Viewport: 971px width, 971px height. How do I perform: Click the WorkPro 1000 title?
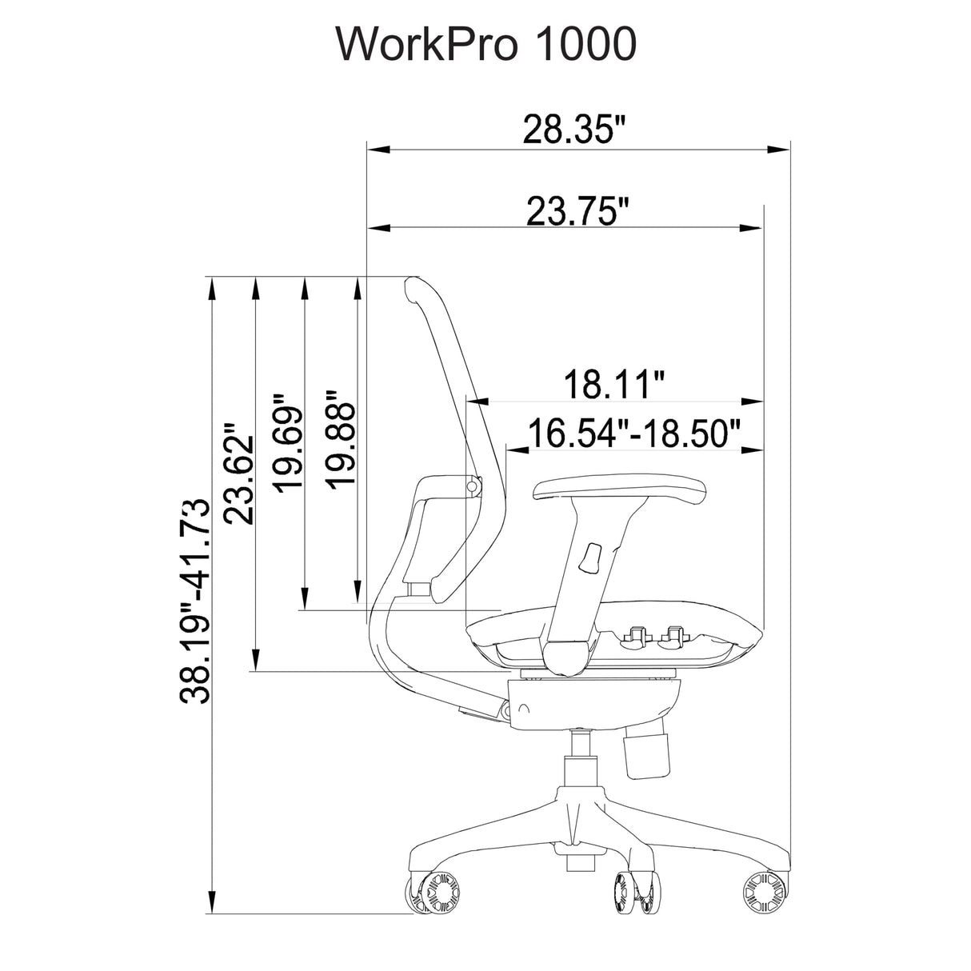[x=485, y=45]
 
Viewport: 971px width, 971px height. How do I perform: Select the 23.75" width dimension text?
[x=578, y=212]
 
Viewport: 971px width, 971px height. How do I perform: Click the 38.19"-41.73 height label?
[x=194, y=601]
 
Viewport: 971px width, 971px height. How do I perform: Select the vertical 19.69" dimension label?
[x=288, y=443]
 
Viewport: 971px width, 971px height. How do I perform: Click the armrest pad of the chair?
[x=619, y=488]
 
